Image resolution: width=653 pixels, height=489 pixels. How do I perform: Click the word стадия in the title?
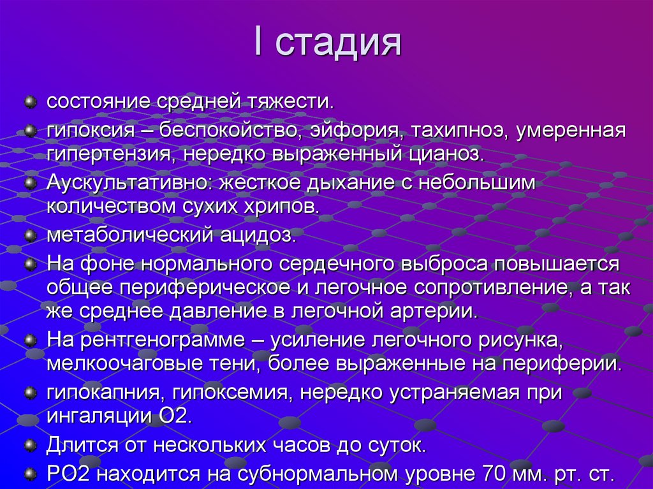click(x=339, y=43)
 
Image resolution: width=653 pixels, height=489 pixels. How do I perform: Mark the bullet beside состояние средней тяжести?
click(x=29, y=101)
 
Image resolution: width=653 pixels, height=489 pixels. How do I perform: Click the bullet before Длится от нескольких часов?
click(x=29, y=444)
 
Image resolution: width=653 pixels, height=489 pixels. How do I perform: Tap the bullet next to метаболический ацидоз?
click(x=29, y=235)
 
